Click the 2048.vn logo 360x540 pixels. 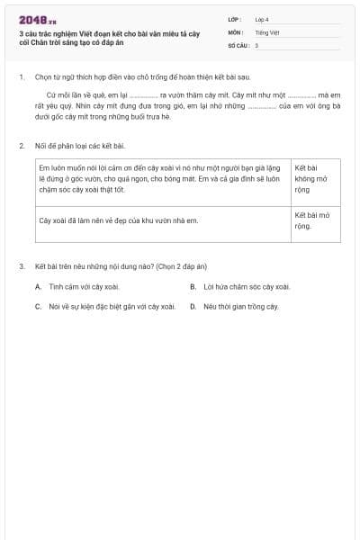38,20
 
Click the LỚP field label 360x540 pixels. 234,19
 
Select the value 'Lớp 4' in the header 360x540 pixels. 262,19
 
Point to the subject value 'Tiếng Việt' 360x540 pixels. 267,31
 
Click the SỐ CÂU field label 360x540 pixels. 238,44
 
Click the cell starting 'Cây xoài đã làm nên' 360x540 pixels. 118,220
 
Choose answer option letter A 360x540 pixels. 39,287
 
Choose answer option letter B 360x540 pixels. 193,287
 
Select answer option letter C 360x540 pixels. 39,306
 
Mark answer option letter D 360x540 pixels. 193,306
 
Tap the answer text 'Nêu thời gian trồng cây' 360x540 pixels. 241,306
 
